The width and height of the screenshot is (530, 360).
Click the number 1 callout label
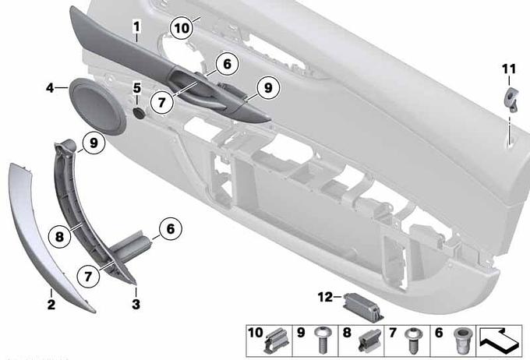pyautogui.click(x=136, y=27)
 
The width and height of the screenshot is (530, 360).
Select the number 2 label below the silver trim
pyautogui.click(x=51, y=305)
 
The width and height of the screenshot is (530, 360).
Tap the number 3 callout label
pyautogui.click(x=136, y=304)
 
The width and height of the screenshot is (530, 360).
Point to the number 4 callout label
pyautogui.click(x=50, y=88)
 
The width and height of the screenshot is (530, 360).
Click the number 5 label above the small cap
pyautogui.click(x=136, y=88)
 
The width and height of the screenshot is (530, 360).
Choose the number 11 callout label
pyautogui.click(x=509, y=69)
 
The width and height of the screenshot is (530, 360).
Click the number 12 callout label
pyautogui.click(x=325, y=297)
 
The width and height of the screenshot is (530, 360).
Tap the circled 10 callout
pyautogui.click(x=182, y=28)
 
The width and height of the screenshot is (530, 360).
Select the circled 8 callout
pyautogui.click(x=59, y=236)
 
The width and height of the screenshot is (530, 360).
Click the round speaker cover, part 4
pyautogui.click(x=97, y=107)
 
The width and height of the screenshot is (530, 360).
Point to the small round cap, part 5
pyautogui.click(x=138, y=113)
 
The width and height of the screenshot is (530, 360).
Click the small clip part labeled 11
pyautogui.click(x=511, y=98)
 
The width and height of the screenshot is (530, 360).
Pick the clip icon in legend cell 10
pyautogui.click(x=277, y=341)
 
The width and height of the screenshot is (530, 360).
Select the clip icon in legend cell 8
pyautogui.click(x=369, y=341)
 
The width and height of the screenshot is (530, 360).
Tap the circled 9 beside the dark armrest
pyautogui.click(x=267, y=88)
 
